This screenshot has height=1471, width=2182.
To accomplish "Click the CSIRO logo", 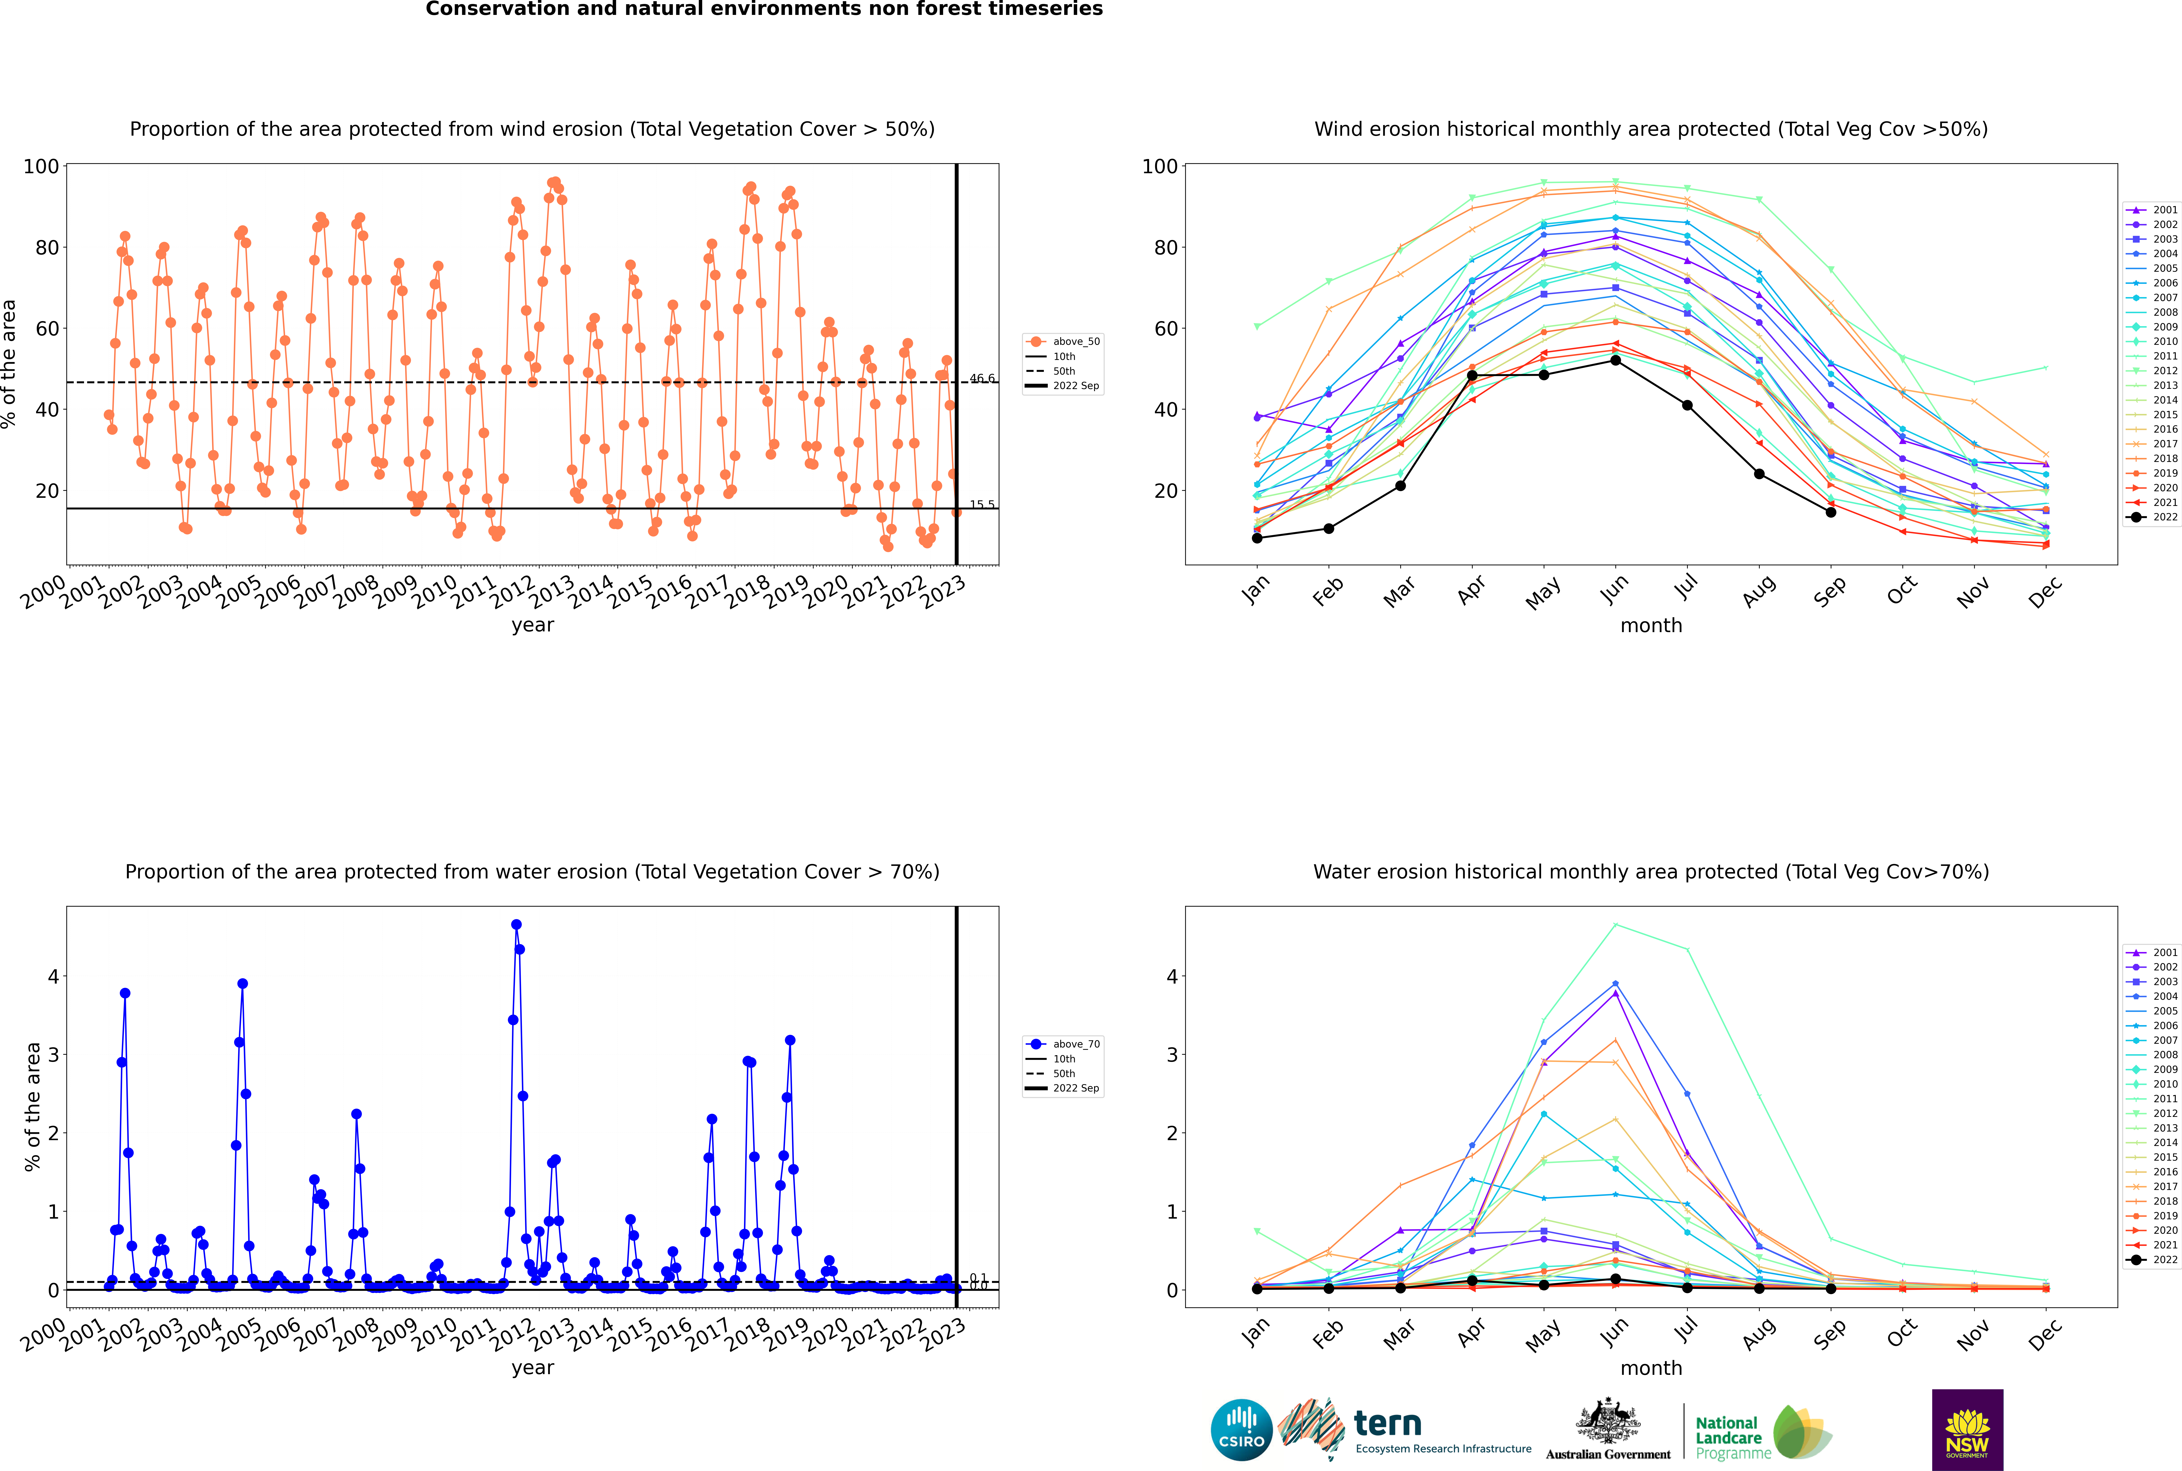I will [x=1241, y=1430].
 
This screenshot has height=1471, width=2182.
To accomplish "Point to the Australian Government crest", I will [x=1608, y=1421].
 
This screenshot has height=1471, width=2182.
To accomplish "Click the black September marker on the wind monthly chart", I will [x=1830, y=512].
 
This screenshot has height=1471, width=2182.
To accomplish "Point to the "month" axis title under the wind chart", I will [x=1651, y=626].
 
